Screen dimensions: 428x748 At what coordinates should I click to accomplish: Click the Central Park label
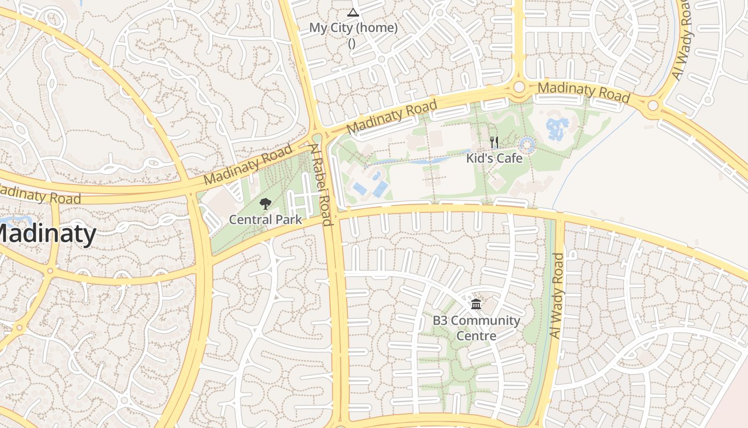pyautogui.click(x=266, y=219)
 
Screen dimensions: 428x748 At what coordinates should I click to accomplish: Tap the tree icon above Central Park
pyautogui.click(x=266, y=204)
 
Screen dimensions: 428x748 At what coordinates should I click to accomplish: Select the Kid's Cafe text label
pyautogui.click(x=494, y=158)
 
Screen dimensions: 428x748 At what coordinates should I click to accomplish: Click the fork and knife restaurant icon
pyautogui.click(x=494, y=142)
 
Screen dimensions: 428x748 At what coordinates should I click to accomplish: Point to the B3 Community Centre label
pyautogui.click(x=476, y=328)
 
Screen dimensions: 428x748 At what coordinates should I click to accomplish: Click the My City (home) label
pyautogui.click(x=353, y=28)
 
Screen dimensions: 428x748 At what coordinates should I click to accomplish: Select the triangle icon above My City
pyautogui.click(x=353, y=12)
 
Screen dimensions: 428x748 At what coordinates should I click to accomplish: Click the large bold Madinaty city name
pyautogui.click(x=45, y=234)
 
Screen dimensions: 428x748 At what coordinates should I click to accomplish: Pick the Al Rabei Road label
pyautogui.click(x=321, y=185)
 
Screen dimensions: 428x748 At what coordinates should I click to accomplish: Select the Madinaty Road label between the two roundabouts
pyautogui.click(x=583, y=92)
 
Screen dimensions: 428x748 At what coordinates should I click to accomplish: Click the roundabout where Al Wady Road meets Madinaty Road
pyautogui.click(x=653, y=105)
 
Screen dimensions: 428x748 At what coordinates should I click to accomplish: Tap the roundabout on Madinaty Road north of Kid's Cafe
pyautogui.click(x=519, y=87)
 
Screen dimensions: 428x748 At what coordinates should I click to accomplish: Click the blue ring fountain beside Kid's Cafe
pyautogui.click(x=527, y=144)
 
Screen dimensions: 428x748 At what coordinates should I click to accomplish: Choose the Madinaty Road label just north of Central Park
pyautogui.click(x=248, y=164)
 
